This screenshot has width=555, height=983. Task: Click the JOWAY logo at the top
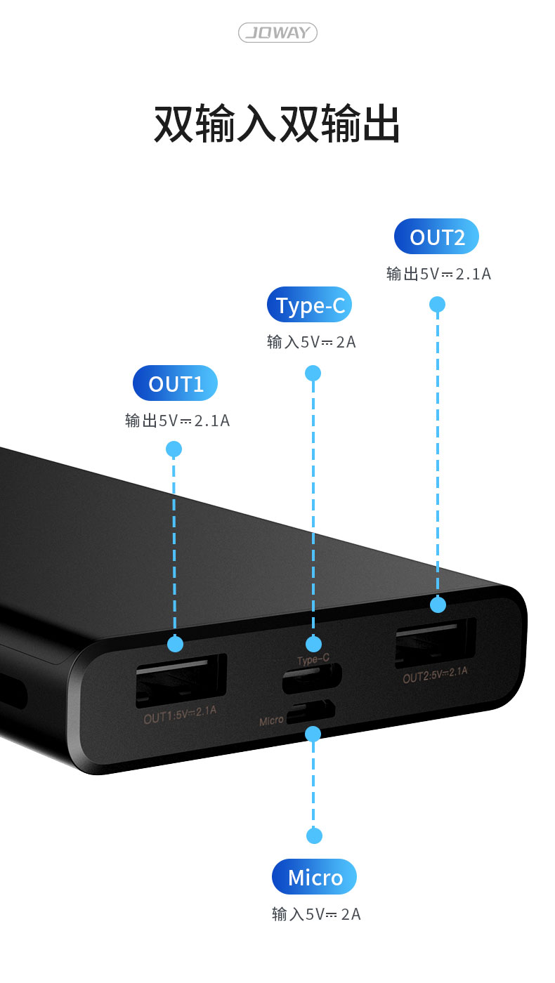point(277,32)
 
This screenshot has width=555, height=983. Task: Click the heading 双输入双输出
point(277,124)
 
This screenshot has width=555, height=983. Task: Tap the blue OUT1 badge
point(175,383)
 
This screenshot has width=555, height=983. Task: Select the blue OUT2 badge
point(436,237)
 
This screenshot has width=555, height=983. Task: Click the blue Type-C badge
point(309,305)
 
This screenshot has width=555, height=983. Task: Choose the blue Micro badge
point(314,877)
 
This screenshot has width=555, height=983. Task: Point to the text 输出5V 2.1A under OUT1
point(177,421)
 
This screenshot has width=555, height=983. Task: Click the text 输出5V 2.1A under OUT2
point(438,274)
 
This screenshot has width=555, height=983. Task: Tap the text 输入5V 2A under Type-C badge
point(311,342)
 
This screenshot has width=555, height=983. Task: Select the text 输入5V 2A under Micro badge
point(316,914)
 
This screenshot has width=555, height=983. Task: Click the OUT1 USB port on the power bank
point(181,680)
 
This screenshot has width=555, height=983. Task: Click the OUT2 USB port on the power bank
point(435,642)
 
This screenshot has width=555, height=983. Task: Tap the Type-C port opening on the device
point(312,678)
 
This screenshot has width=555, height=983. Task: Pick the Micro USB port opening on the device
point(311,712)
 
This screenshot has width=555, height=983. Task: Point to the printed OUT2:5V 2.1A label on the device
point(435,675)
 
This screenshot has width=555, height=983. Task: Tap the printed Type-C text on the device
point(313,660)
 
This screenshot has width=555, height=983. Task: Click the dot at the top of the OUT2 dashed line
point(437,304)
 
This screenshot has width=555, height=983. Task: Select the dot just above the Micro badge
point(314,836)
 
